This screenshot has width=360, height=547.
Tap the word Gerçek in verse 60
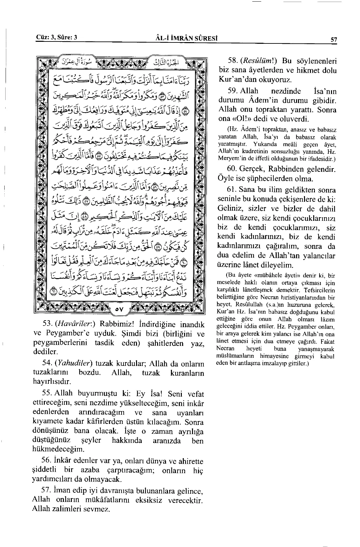click(254, 169)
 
